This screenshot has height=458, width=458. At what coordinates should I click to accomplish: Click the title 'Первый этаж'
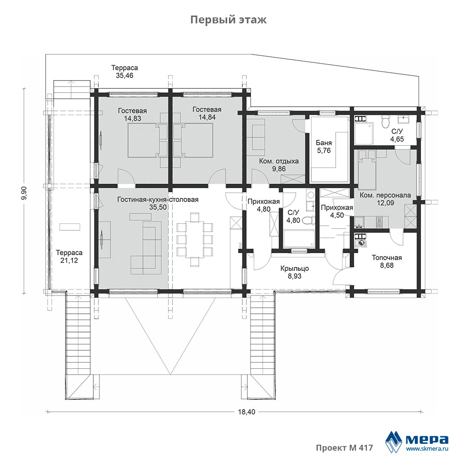coord(229,20)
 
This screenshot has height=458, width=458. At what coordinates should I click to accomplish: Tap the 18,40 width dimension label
coord(246,412)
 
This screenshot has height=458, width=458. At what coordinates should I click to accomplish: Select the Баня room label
coord(324,143)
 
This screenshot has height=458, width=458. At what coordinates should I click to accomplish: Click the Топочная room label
coord(387,257)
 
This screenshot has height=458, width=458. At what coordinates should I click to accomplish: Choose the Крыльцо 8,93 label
coord(294,272)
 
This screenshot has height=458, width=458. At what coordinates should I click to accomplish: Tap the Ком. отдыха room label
coord(279,161)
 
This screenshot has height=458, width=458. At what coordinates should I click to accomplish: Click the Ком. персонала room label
coord(385,195)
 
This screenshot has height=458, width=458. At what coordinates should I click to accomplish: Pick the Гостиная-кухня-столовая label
coord(158,200)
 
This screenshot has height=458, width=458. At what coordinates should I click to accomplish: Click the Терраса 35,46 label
coord(125,71)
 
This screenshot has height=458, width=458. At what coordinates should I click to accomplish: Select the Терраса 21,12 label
coord(69,256)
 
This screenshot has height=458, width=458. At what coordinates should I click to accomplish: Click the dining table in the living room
coord(195,240)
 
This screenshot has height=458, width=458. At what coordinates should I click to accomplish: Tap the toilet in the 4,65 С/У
coord(386,120)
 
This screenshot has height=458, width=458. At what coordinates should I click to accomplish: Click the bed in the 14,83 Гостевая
coord(143,140)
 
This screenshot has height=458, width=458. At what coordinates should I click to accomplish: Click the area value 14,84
coord(207,117)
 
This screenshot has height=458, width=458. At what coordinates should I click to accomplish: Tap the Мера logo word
coord(427,439)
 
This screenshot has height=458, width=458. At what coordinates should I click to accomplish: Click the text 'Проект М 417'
coord(344,447)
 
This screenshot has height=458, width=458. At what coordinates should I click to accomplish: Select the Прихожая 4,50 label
coord(337,212)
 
